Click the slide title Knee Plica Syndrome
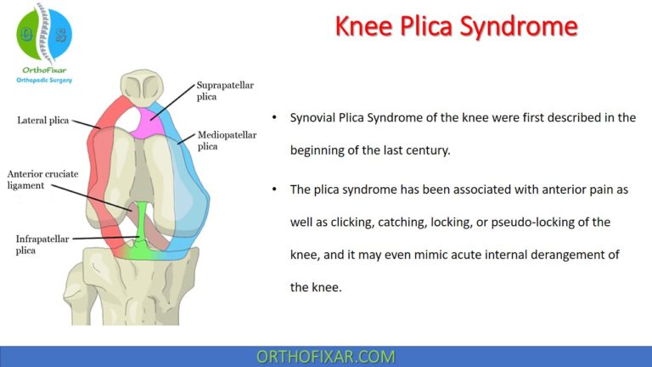[x=456, y=26]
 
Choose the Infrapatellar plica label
[x=42, y=245]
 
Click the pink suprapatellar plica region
[x=151, y=119]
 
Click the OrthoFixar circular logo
[x=44, y=34]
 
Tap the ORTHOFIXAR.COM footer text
[x=326, y=357]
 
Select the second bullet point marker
[x=273, y=190]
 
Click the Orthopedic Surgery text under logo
[x=44, y=80]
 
